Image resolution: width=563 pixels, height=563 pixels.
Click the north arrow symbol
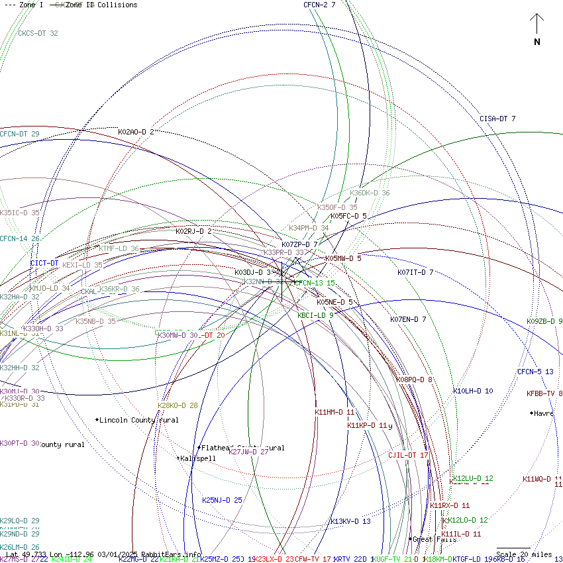coord(537,29)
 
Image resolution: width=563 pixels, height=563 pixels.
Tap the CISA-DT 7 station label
coord(497,119)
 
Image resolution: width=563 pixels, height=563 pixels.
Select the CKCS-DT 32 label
coord(38,33)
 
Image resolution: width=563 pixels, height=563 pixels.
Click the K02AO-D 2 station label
coord(136,132)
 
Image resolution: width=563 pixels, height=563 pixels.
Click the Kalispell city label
coord(198,458)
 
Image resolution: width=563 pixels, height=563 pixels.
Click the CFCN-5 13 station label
coord(535,372)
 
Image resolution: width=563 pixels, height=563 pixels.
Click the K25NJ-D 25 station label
coord(222,500)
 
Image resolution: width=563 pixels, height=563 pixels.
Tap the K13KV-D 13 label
coord(350,521)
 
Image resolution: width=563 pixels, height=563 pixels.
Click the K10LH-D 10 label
coord(473,391)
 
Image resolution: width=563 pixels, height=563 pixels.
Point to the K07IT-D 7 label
coord(415,272)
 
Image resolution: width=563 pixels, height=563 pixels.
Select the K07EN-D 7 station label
coord(408,319)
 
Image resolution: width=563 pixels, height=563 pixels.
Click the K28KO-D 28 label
coord(178,405)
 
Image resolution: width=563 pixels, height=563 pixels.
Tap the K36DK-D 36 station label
coord(370,193)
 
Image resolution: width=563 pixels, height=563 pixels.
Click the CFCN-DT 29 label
coord(20,134)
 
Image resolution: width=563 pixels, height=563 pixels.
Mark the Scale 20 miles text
coord(524,554)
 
